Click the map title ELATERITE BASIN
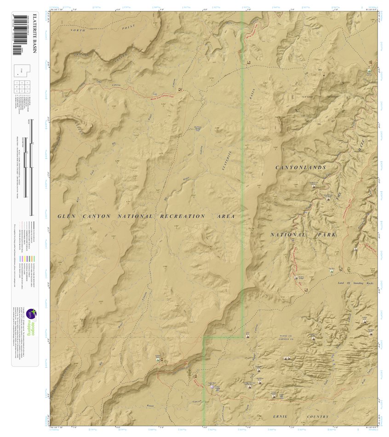point(34,41)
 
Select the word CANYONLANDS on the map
point(301,168)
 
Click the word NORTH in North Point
point(78,30)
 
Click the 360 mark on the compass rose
point(319,70)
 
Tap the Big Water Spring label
point(197,130)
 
